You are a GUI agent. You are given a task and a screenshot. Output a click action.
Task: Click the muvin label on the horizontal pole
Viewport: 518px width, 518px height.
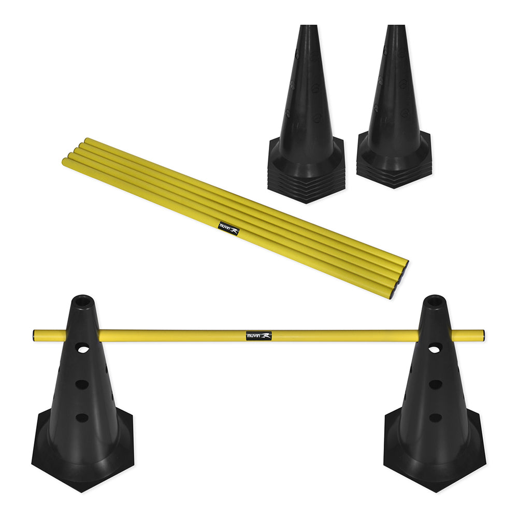pyautogui.click(x=258, y=336)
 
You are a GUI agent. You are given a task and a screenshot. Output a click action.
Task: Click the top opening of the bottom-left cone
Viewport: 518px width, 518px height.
pyautogui.click(x=83, y=300)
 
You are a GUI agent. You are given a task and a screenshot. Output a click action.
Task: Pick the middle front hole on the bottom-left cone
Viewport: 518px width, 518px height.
pyautogui.click(x=82, y=384)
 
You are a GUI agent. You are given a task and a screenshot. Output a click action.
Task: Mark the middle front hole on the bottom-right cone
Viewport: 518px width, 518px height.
pyautogui.click(x=435, y=384)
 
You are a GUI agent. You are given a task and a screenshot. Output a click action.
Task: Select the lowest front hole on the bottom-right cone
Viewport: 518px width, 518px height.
pyautogui.click(x=435, y=418)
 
